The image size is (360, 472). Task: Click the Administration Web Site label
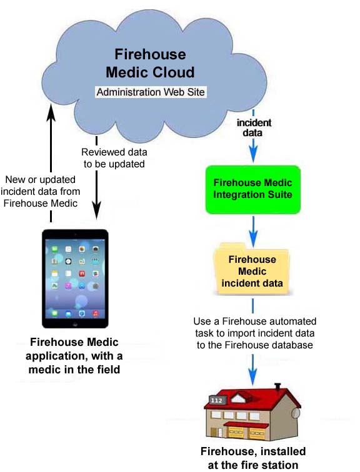[x=151, y=92]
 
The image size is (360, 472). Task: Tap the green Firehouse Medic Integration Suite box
[x=253, y=190]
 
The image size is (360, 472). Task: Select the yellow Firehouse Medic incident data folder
[x=252, y=269]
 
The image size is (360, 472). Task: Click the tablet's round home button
[x=75, y=324]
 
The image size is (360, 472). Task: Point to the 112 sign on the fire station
[x=217, y=400]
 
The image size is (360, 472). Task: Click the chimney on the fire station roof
[x=277, y=386]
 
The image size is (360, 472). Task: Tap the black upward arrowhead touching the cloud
[x=51, y=112]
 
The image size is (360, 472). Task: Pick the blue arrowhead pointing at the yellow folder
[x=253, y=238]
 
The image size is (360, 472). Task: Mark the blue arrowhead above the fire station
[x=252, y=377]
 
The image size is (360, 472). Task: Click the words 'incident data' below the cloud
[x=254, y=127]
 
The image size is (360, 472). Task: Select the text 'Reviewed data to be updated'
[x=114, y=158]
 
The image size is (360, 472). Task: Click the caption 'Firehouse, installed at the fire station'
[x=253, y=458]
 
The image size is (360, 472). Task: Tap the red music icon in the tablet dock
[x=96, y=313]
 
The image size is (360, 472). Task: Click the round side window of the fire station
[x=296, y=413]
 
